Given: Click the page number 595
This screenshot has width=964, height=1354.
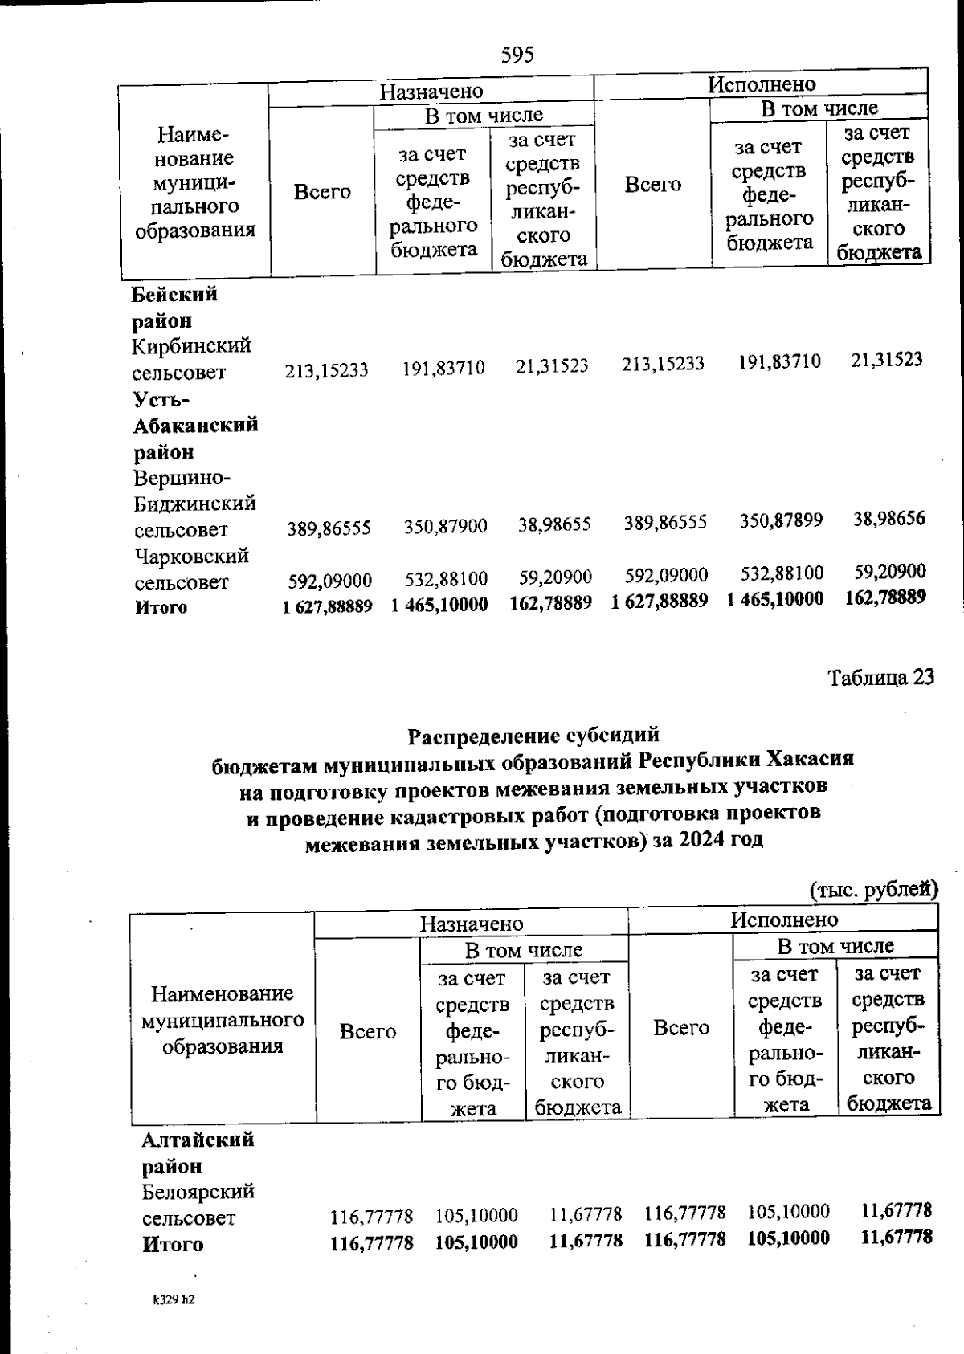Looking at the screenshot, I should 517,55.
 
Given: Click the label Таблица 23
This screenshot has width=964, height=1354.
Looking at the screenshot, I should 881,677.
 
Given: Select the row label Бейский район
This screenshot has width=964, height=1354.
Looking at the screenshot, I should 174,307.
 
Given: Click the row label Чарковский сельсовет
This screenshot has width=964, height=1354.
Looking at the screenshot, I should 191,569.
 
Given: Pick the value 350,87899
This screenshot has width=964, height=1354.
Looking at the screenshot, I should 781,520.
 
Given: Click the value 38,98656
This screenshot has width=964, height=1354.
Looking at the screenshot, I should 888,518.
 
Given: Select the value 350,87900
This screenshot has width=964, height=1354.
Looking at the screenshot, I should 445,527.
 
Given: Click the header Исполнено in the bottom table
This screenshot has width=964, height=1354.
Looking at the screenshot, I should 783,920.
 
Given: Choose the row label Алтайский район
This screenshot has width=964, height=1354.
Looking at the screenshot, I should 198,1152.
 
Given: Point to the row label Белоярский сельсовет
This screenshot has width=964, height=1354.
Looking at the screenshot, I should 198,1204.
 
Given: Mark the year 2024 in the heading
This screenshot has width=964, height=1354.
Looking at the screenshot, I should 700,839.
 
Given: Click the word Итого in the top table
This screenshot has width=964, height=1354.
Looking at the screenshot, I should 161,607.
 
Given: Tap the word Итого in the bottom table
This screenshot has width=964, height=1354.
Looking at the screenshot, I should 173,1244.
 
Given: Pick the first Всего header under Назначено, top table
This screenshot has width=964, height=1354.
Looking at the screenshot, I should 322,192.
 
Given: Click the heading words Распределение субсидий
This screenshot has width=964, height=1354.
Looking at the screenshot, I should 533,735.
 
